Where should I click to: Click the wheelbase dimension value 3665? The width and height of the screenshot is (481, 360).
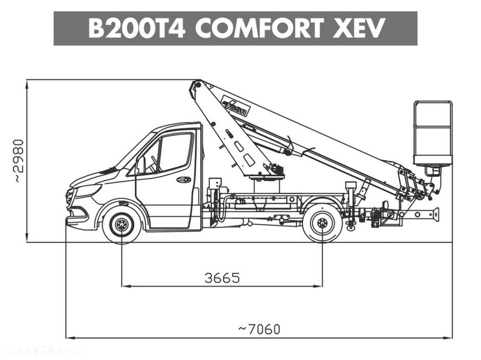222,278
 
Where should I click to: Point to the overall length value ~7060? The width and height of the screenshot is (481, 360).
259,329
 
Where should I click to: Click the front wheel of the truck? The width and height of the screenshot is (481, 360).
122,224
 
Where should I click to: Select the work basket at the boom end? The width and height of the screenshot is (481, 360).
432,133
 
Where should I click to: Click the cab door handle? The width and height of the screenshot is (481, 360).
183,180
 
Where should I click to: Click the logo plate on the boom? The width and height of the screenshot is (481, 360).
234,106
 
